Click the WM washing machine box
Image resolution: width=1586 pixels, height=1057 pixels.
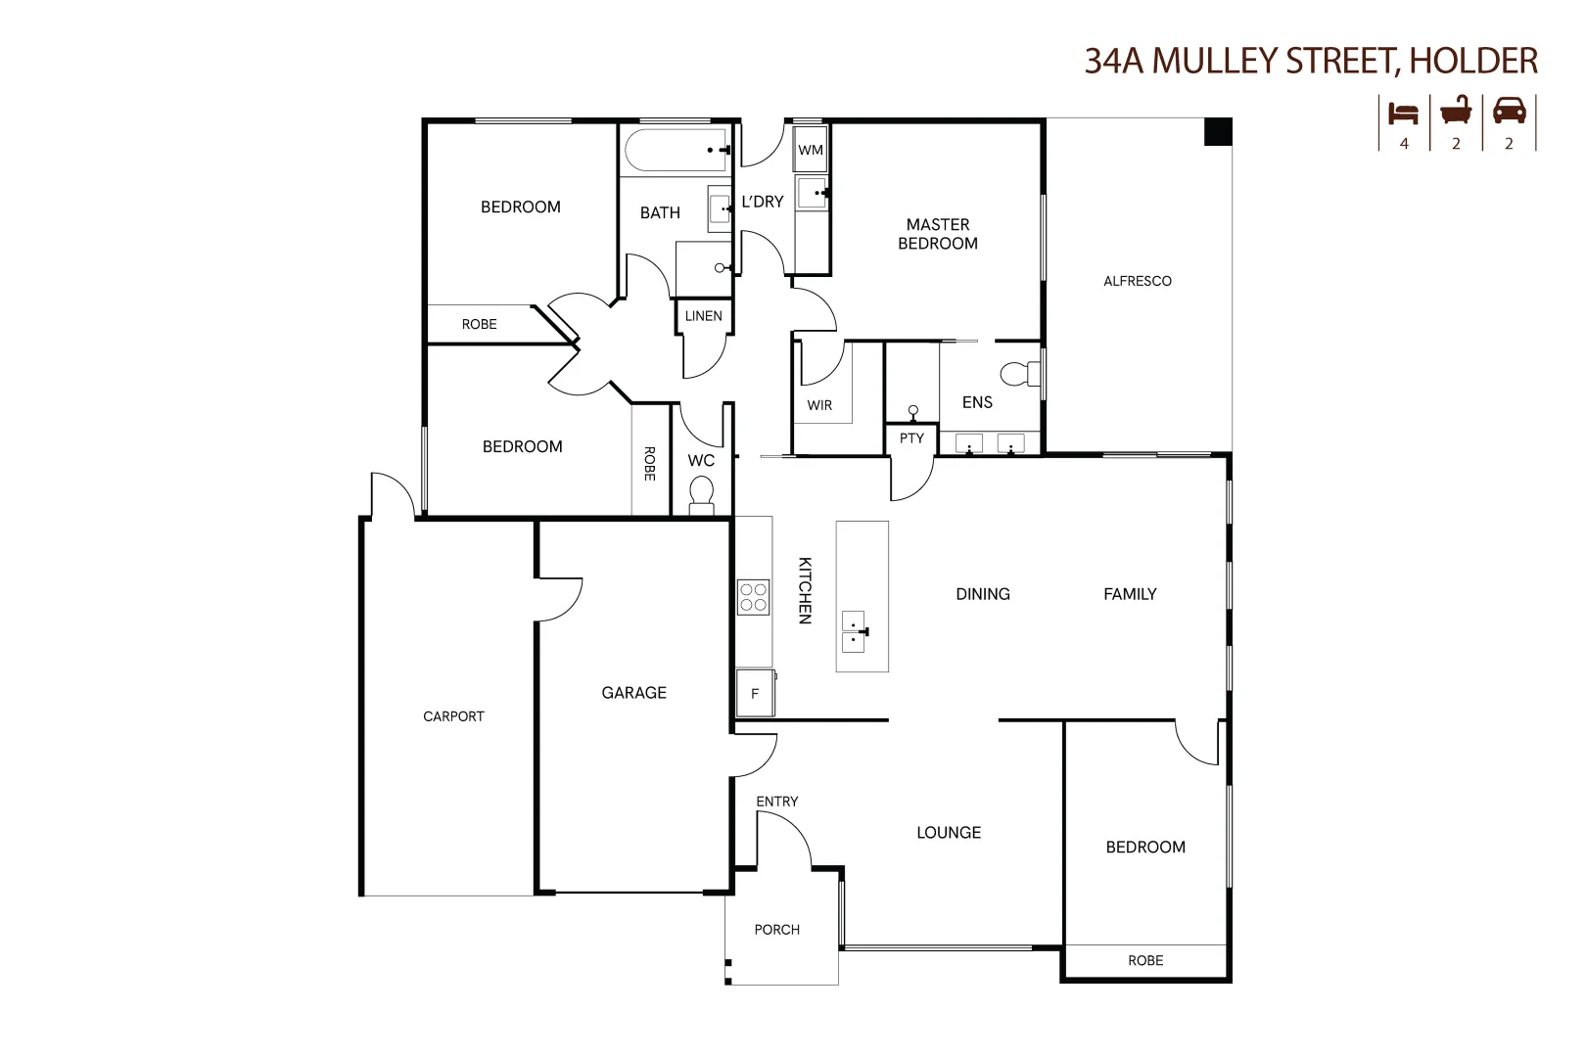[811, 150]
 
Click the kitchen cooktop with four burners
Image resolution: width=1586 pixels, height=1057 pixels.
[754, 597]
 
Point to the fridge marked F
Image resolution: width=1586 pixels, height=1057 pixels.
[755, 693]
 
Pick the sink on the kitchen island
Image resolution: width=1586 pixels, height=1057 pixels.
[855, 632]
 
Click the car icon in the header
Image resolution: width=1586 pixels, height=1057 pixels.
[1509, 112]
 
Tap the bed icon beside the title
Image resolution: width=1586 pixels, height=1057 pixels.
[1404, 113]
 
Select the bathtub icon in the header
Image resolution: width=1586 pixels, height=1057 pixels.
[1456, 111]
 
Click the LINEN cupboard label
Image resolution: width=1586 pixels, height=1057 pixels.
[704, 316]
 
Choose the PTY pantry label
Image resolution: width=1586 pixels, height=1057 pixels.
[911, 438]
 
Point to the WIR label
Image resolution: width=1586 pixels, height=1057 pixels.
[820, 405]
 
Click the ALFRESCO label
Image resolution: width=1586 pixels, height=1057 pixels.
[1138, 281]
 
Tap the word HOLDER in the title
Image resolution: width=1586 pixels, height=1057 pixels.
[1474, 61]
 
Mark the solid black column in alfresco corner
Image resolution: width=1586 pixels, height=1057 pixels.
[1217, 131]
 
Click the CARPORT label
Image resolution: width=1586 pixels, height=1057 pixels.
[453, 716]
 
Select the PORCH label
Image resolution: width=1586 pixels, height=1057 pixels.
[777, 930]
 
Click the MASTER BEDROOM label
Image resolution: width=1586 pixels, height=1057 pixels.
[938, 234]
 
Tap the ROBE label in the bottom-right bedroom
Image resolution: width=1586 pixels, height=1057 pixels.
[1145, 961]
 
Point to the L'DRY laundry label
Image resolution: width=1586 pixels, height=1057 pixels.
[763, 202]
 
